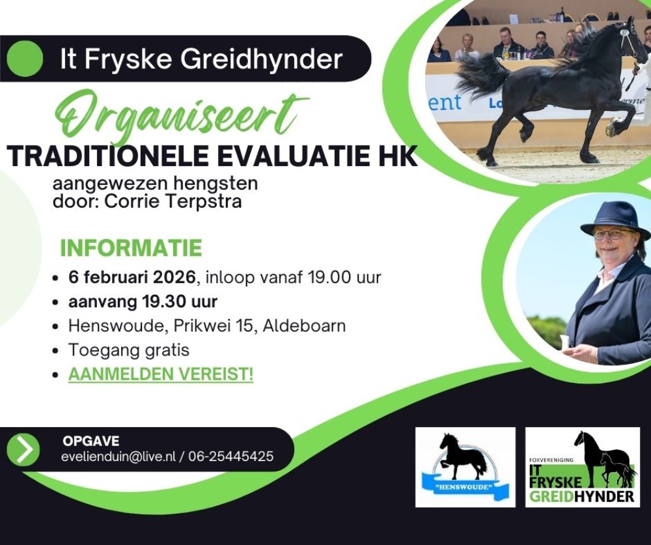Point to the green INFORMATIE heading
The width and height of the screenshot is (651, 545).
132,248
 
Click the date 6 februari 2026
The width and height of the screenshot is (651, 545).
132,277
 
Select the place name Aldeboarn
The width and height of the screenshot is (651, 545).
304,326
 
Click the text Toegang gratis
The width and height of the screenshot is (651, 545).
129,350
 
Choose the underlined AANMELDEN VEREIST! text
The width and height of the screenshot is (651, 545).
161,374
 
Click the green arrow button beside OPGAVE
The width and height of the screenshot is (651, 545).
23,449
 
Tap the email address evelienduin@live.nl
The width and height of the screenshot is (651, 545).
118,456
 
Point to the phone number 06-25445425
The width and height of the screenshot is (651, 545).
231,456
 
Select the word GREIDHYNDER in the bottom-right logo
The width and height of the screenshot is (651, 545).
582,496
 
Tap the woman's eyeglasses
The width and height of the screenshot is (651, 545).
614,234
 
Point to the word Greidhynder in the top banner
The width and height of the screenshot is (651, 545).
262,59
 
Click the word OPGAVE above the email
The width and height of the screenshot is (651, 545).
91,441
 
